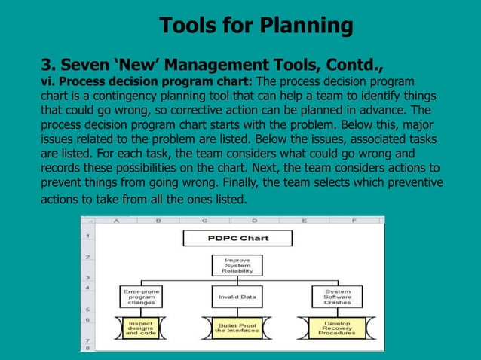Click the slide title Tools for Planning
[x=256, y=26]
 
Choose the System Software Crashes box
[x=337, y=296]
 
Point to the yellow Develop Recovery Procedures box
[x=337, y=328]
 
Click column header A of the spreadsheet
[x=117, y=221]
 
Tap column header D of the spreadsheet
[x=254, y=221]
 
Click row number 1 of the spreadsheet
[x=88, y=236]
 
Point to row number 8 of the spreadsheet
[x=88, y=348]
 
